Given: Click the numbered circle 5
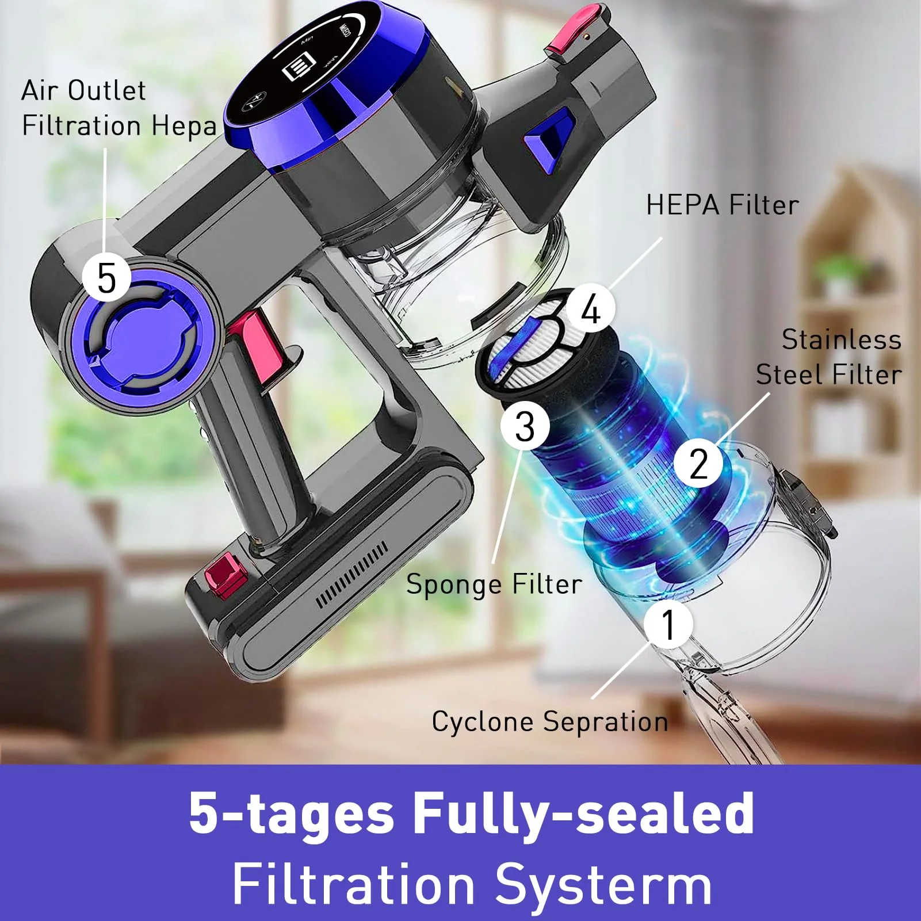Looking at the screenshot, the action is click(106, 277).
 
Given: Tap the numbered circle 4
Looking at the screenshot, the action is click(591, 309).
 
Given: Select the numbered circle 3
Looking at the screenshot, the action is click(525, 426).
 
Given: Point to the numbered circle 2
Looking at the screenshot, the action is click(698, 463).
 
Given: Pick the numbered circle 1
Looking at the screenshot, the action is click(668, 624).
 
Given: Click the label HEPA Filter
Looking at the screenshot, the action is click(723, 205).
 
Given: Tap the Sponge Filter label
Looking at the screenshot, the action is click(494, 584).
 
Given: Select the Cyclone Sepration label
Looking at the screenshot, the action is click(550, 722).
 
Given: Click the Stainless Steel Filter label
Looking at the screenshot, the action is click(828, 357).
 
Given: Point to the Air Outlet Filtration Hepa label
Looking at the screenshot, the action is click(119, 109).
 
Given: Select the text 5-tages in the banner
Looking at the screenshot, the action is click(292, 813).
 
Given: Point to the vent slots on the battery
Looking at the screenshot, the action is click(351, 575).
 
